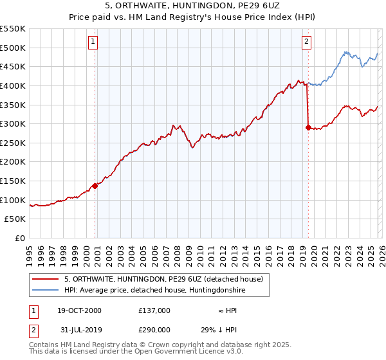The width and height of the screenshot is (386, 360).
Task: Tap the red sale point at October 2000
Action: tap(95, 186)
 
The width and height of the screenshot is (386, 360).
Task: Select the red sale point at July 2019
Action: tap(308, 127)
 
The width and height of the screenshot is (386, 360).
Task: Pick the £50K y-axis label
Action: tap(15, 219)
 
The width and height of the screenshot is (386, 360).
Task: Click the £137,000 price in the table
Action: tap(154, 310)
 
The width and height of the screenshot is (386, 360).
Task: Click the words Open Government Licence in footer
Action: tap(169, 352)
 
